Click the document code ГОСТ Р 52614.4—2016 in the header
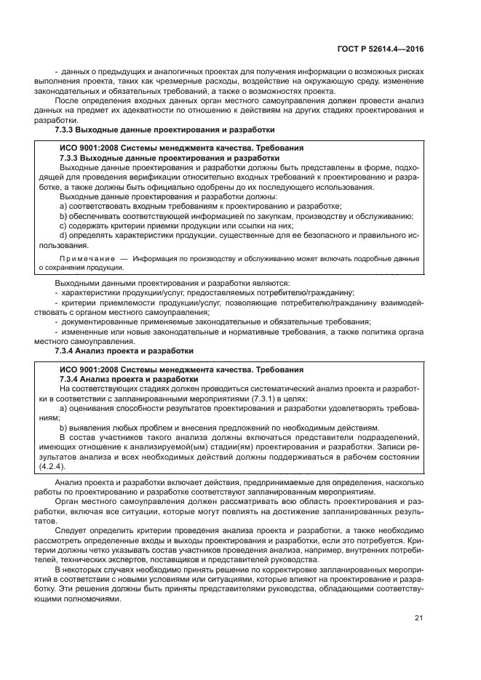pyautogui.click(x=380, y=49)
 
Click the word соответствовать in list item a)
pyautogui.click(x=100, y=206)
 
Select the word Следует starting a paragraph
pyautogui.click(x=71, y=532)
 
